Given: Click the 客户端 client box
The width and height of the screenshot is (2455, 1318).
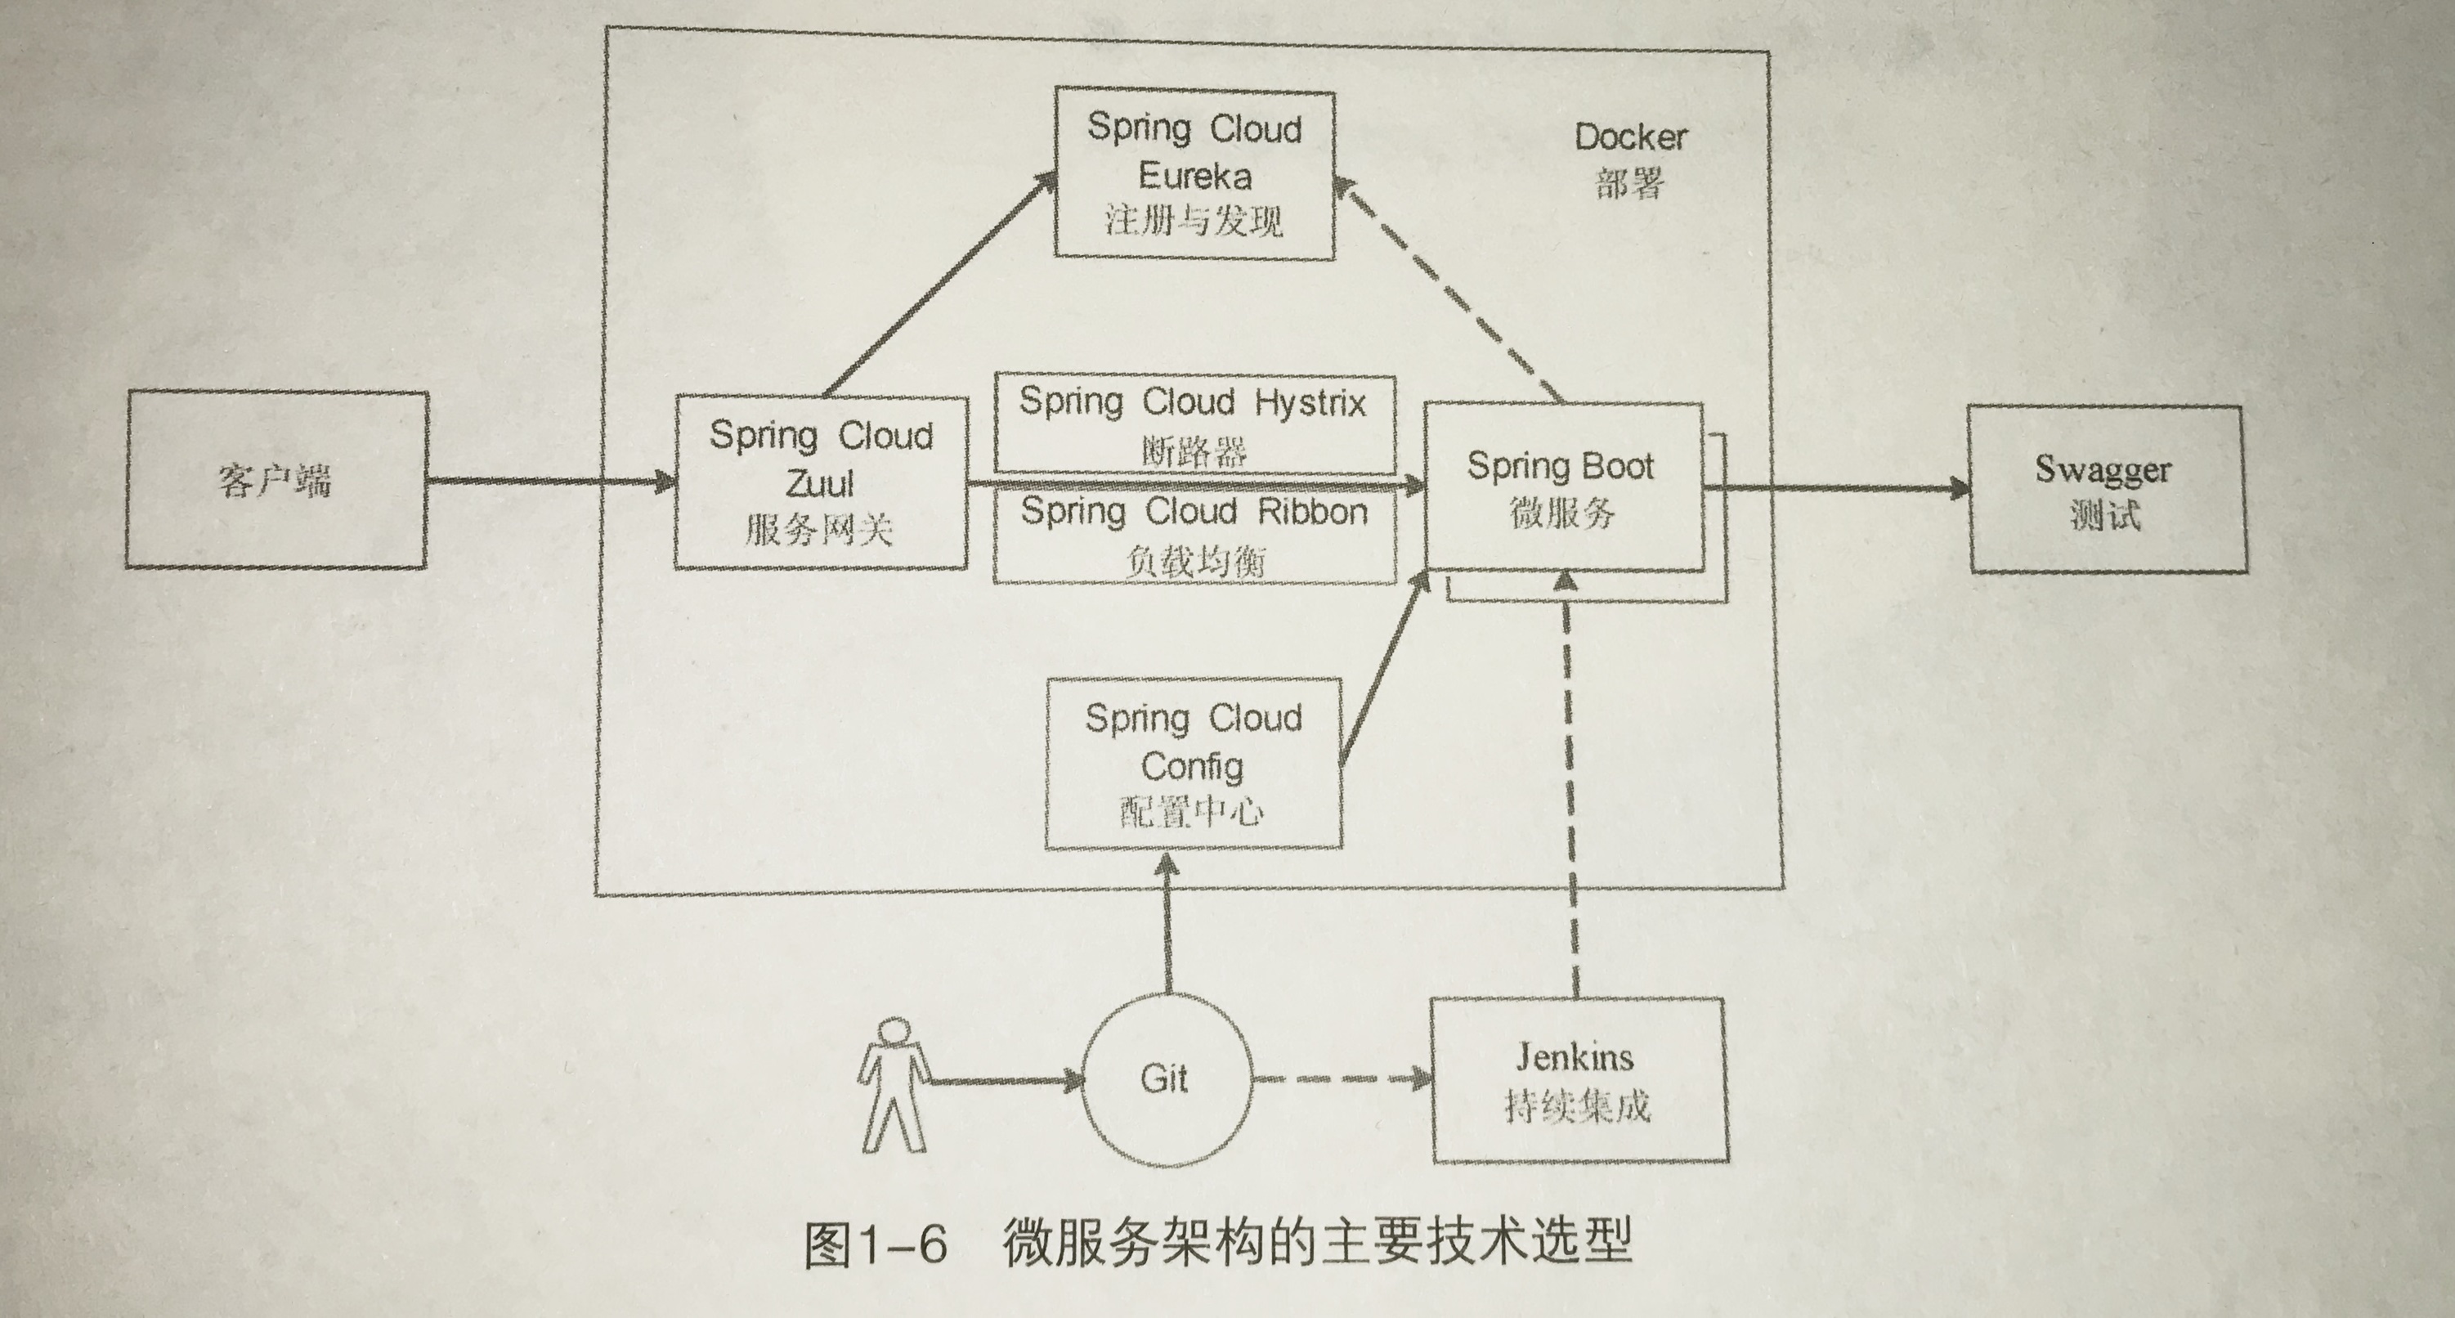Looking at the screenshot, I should [x=276, y=480].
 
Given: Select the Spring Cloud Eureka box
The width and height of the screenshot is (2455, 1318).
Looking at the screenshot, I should [x=1194, y=174].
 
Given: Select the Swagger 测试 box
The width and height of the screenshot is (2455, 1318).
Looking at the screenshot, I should [x=2106, y=490].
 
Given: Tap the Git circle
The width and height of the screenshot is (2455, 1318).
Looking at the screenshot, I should [x=1166, y=1080].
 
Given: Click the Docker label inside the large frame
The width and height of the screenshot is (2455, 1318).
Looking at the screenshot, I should [x=1629, y=138].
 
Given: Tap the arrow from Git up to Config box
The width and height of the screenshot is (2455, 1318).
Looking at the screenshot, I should [x=1167, y=925].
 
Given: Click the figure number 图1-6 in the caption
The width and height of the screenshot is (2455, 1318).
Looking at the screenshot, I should [x=876, y=1244].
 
